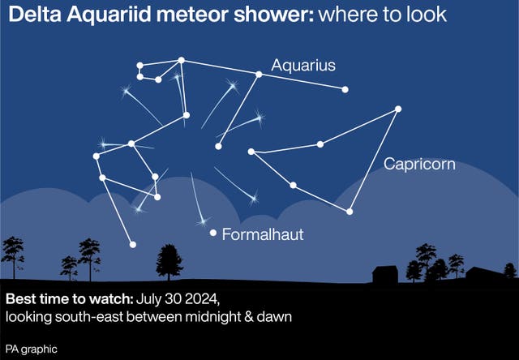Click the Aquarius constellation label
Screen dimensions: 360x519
[303, 66]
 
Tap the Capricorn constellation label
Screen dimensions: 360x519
[418, 165]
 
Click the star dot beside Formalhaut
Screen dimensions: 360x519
[213, 233]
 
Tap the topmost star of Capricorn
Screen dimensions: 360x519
[397, 109]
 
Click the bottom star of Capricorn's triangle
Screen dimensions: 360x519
[350, 212]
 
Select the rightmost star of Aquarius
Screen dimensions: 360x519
[345, 89]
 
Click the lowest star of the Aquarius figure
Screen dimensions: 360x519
[132, 244]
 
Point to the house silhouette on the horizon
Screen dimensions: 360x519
[384, 272]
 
